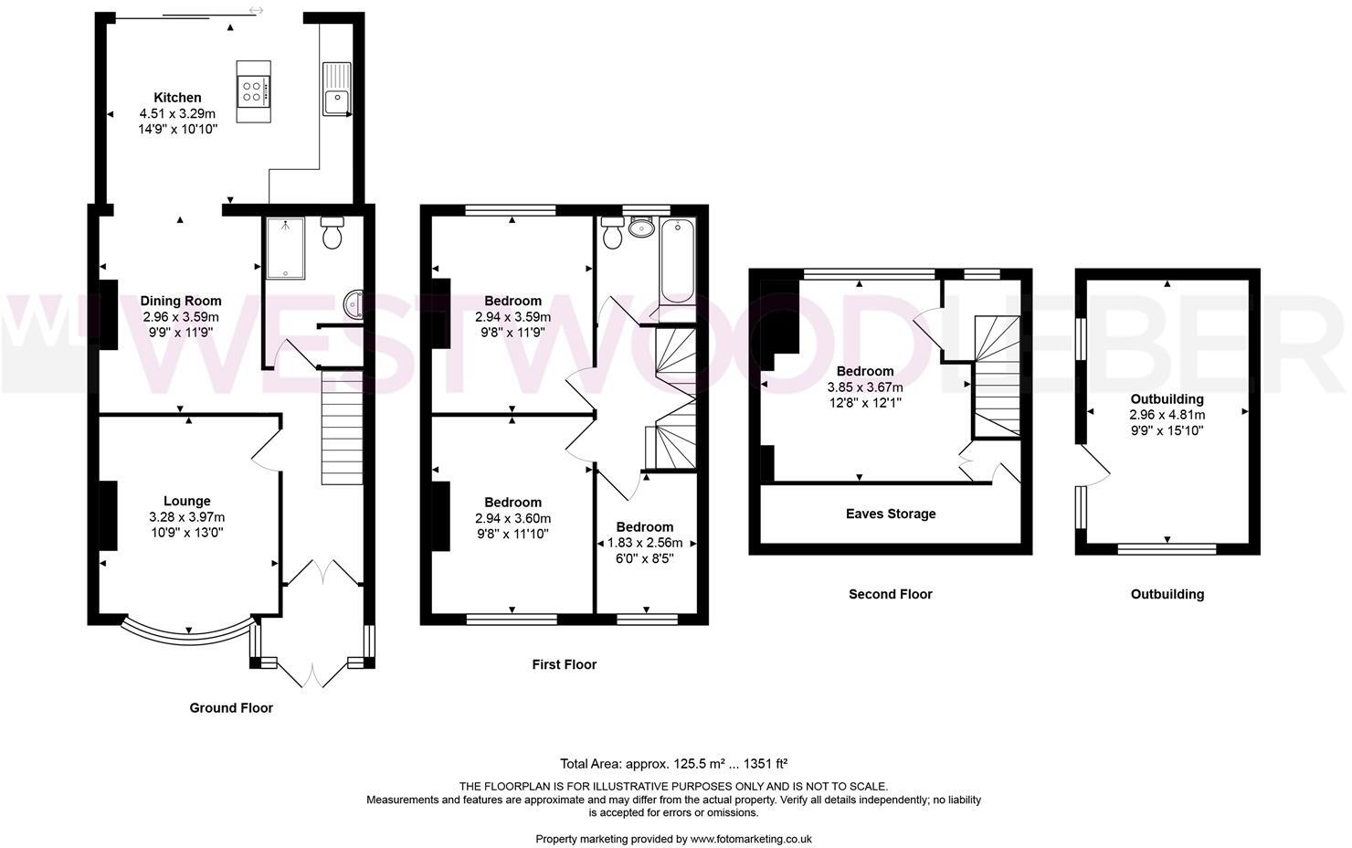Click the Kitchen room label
177,98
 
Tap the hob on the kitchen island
254,90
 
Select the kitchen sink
337,95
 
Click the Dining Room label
181,301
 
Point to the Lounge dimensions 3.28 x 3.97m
186,517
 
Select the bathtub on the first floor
677,260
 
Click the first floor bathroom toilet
612,233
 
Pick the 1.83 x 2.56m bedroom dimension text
645,543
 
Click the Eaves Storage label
891,514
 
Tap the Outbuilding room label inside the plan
1167,399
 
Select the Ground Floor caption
231,707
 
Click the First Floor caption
564,664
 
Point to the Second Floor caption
890,594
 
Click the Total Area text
674,763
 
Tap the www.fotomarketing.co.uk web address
751,839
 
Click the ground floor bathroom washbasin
354,302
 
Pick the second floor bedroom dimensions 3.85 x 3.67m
864,387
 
